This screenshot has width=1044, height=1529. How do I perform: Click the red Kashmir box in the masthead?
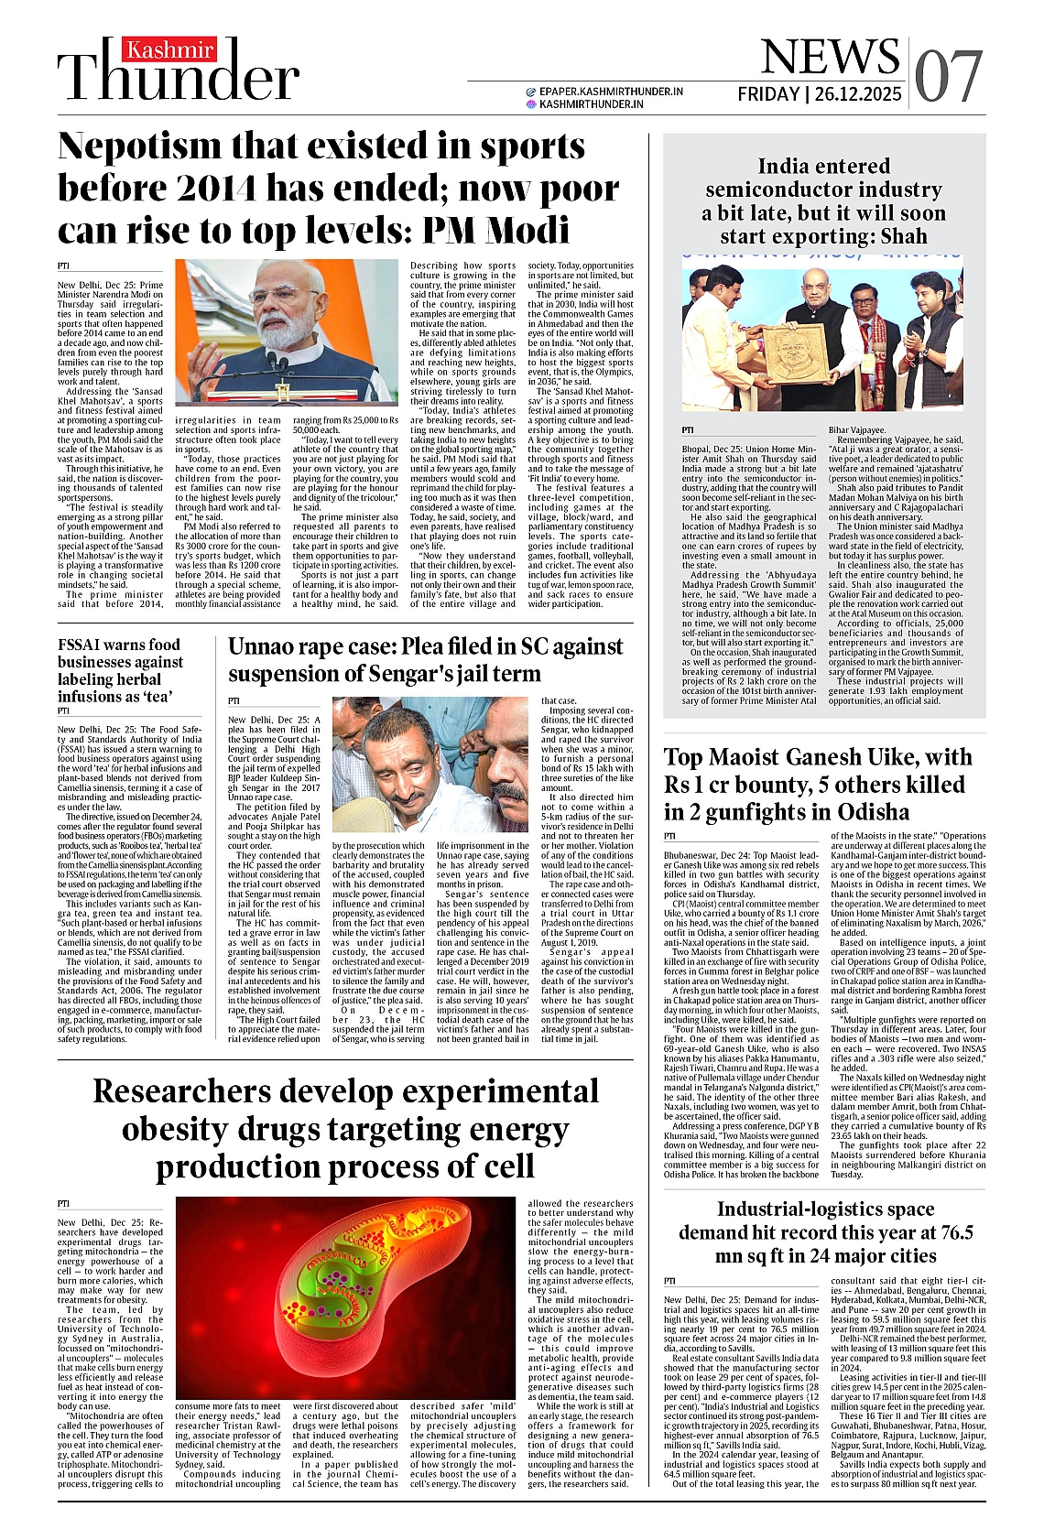170,49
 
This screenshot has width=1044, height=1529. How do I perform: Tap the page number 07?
949,76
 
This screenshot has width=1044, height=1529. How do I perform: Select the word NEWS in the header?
830,57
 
